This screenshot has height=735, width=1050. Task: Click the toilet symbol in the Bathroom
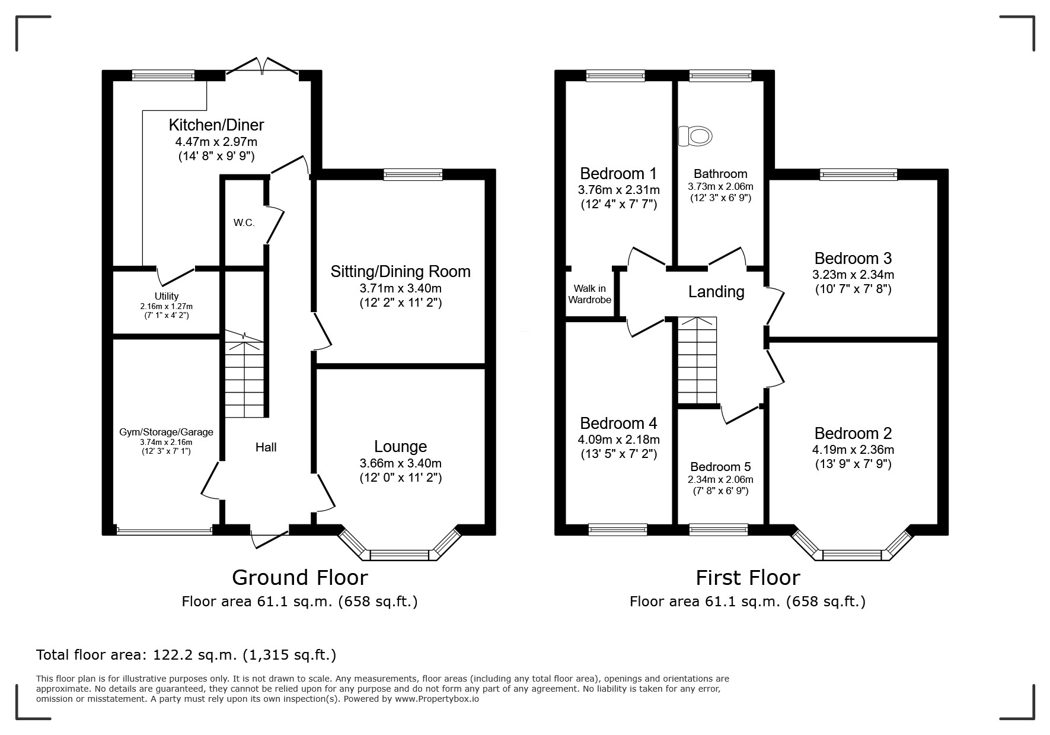click(x=694, y=136)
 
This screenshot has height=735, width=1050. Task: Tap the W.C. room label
click(x=244, y=223)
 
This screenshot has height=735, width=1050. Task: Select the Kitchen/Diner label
click(x=216, y=125)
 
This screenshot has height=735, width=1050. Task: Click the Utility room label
click(x=167, y=296)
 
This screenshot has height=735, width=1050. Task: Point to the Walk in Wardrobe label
click(x=589, y=294)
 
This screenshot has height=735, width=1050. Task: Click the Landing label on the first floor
click(x=716, y=291)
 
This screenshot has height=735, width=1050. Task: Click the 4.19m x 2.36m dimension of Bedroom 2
click(x=853, y=450)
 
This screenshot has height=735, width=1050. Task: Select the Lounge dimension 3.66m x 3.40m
click(x=400, y=463)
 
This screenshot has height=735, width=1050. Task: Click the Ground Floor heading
click(x=299, y=577)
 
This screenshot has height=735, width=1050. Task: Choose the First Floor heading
click(x=748, y=577)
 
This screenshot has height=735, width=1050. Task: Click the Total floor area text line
click(x=186, y=655)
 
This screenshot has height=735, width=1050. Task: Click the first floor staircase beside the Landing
click(x=697, y=360)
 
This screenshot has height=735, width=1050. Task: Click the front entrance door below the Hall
click(x=270, y=537)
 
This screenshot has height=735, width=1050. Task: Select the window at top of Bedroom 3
click(x=858, y=174)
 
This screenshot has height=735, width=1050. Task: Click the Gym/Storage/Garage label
click(x=166, y=432)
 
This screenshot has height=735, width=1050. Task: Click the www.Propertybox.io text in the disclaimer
click(x=436, y=699)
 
